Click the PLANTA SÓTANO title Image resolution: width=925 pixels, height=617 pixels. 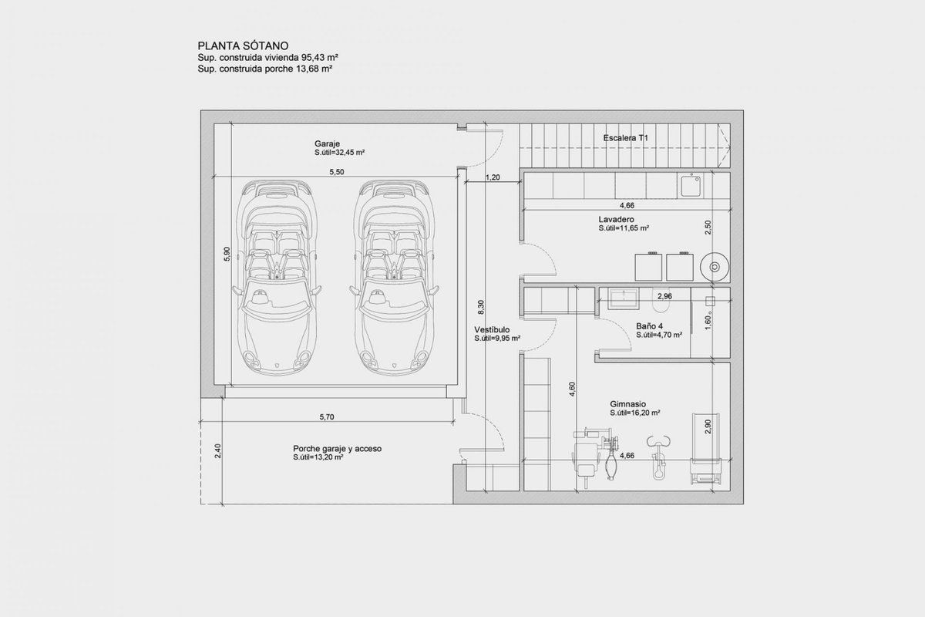243,46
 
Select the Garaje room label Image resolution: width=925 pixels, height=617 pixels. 327,143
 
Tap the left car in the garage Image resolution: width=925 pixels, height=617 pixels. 277,278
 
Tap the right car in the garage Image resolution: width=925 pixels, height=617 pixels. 394,278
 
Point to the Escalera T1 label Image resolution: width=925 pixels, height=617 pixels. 625,138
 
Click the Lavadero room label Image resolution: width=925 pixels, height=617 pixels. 616,220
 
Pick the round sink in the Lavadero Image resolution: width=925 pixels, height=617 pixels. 715,267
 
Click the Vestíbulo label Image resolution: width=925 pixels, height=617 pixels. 492,330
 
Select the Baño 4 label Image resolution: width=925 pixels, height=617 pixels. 649,326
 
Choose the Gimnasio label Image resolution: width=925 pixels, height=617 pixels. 627,404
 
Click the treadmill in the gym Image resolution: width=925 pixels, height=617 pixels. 705,448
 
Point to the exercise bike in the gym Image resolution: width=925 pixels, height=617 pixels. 658,457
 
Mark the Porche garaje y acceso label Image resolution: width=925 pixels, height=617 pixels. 337,449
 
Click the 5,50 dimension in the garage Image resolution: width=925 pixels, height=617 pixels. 337,172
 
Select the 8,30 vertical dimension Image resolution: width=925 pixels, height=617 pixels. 481,308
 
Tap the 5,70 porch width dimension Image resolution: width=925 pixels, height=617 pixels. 327,417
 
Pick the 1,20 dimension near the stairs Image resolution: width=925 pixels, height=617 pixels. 493,177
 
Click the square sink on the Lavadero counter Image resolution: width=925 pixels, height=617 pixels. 690,186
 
